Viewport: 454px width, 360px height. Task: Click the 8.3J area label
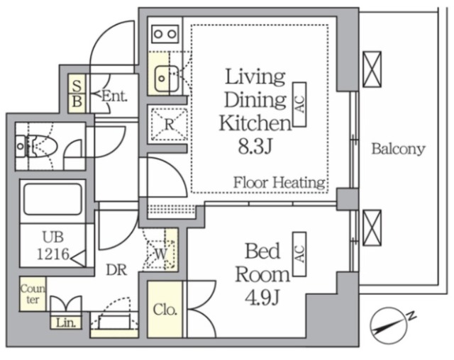point(255,147)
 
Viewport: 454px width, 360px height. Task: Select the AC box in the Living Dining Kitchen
point(299,104)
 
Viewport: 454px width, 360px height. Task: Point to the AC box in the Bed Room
point(299,254)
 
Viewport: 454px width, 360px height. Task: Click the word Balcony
point(399,150)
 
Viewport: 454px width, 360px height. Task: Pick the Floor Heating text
point(279,183)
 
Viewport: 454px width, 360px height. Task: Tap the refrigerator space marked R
point(169,124)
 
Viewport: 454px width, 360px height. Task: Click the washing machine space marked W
point(161,254)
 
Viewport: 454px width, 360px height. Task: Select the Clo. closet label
point(165,310)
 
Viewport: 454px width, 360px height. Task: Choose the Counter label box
point(33,294)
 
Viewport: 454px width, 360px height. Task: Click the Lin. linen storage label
point(66,323)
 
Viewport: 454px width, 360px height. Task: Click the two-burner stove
point(165,34)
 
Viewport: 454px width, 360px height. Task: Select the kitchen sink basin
point(167,79)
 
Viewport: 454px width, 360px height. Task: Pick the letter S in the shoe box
point(77,85)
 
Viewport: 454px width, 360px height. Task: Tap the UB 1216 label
point(54,245)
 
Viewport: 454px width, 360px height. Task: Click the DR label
point(116,270)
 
